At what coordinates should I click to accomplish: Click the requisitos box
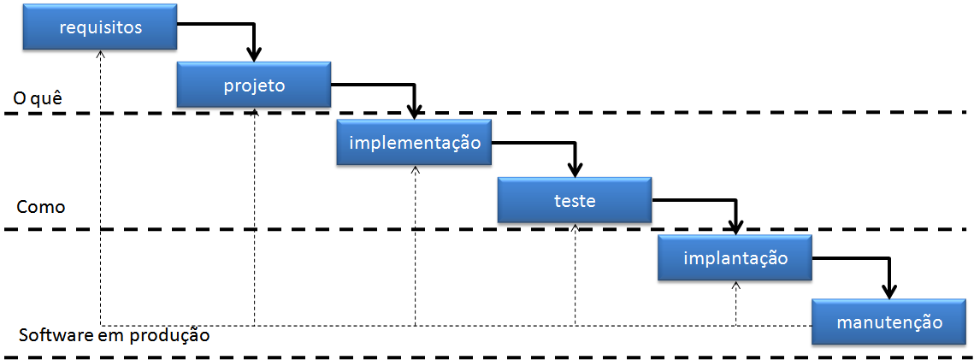100,27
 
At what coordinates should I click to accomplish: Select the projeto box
254,85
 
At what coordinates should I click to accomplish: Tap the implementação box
415,142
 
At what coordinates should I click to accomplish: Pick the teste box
575,201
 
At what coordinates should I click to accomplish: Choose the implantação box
735,257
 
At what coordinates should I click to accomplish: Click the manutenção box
889,322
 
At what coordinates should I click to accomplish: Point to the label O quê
38,99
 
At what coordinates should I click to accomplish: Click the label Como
41,208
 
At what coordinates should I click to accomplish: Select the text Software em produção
114,334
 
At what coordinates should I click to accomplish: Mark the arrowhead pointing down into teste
575,170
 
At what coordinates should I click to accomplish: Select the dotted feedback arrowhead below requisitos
101,53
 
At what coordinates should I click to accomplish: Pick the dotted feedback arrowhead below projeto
255,111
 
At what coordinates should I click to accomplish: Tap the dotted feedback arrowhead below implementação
415,169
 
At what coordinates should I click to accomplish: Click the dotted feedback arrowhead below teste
576,227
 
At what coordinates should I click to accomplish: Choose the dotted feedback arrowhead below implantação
735,285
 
